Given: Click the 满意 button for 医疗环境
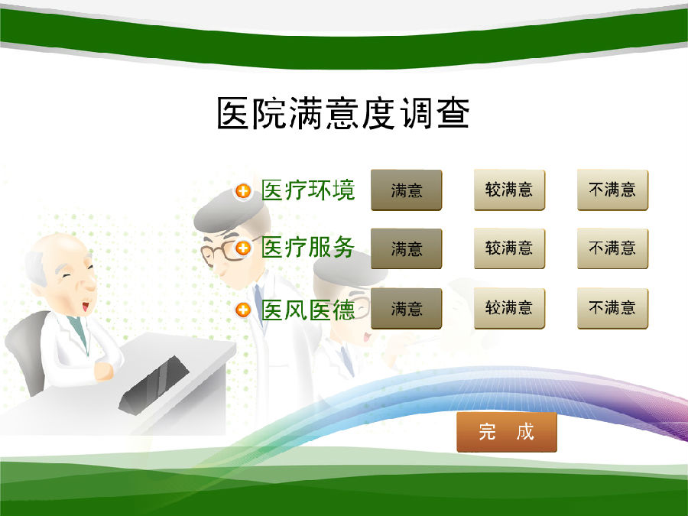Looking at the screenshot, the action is pyautogui.click(x=407, y=190).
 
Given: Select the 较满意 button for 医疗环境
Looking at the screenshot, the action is pyautogui.click(x=509, y=190).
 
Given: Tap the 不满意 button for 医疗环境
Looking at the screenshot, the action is pyautogui.click(x=612, y=190).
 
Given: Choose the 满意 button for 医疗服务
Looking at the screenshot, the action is pyautogui.click(x=407, y=248).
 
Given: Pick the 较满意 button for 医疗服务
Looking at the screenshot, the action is pyautogui.click(x=509, y=248).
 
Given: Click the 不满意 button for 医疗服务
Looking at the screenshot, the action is pyautogui.click(x=612, y=248).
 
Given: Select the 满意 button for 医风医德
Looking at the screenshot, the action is pyautogui.click(x=407, y=309).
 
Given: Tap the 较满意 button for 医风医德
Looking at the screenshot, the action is pyautogui.click(x=509, y=309).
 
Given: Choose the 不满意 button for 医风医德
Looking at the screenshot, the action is pyautogui.click(x=612, y=309).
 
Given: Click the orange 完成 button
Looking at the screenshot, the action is pyautogui.click(x=507, y=432).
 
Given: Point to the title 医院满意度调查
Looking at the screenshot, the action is pyautogui.click(x=343, y=113).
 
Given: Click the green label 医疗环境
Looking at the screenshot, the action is pyautogui.click(x=308, y=190).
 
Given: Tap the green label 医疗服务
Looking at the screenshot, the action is pyautogui.click(x=308, y=247).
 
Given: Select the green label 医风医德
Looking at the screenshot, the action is pyautogui.click(x=308, y=310).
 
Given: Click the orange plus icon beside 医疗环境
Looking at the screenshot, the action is pyautogui.click(x=243, y=191).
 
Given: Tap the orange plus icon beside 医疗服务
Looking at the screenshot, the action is pyautogui.click(x=243, y=248).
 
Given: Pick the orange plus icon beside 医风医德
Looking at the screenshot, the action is pyautogui.click(x=243, y=310).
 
